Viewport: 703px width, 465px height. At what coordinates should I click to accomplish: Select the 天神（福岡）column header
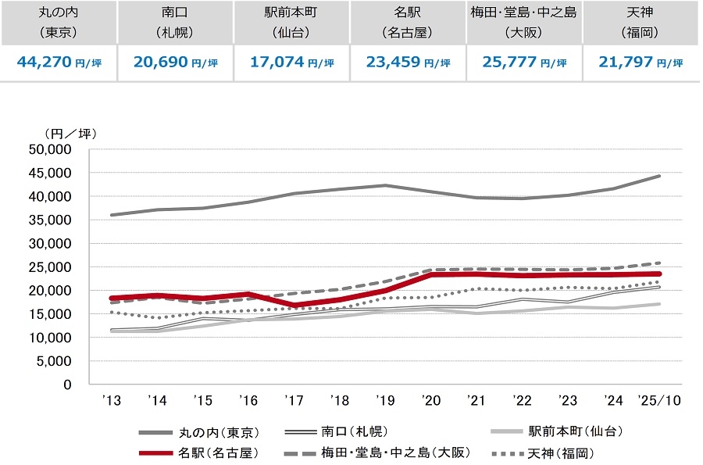coord(641,23)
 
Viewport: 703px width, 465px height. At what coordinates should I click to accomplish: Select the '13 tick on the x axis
coord(111,399)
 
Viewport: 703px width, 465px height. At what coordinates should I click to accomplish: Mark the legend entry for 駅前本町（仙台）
coord(574,431)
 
